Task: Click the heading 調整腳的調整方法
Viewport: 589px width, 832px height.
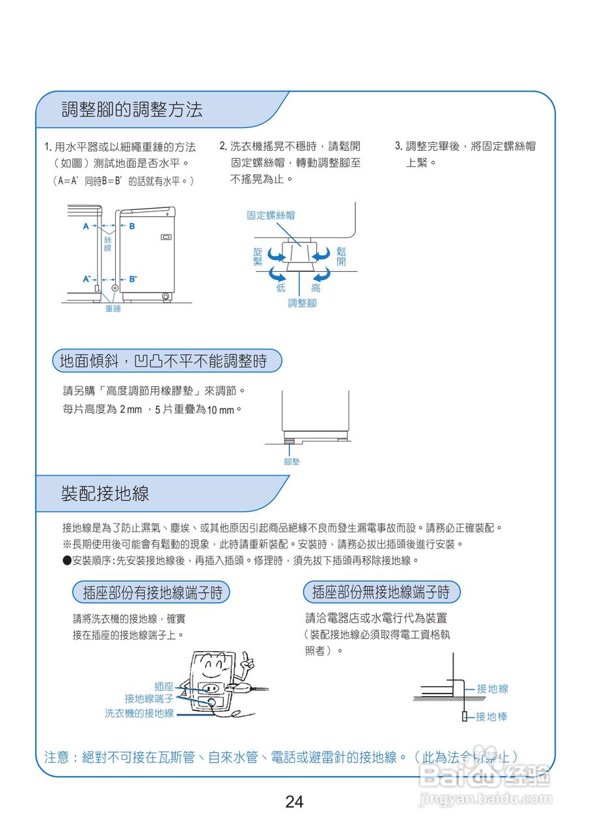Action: point(131,109)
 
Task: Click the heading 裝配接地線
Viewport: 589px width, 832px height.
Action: point(105,493)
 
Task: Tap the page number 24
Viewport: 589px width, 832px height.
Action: point(294,801)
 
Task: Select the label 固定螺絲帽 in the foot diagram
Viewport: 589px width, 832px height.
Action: point(271,215)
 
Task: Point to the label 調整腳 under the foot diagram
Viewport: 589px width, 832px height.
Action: point(302,304)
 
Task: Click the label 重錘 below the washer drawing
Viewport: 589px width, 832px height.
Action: point(113,309)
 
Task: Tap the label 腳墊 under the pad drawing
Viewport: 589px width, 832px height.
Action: point(292,461)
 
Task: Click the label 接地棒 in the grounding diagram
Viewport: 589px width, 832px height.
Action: point(491,716)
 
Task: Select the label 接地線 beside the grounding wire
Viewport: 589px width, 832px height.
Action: point(492,688)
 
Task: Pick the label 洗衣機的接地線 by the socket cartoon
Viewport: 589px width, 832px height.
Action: point(139,714)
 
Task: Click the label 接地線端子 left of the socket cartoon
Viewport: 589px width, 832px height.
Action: point(149,699)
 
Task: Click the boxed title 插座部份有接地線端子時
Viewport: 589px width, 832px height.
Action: point(152,592)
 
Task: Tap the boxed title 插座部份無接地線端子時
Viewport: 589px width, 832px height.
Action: point(381,591)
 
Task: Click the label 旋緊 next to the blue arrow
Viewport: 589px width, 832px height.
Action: point(258,256)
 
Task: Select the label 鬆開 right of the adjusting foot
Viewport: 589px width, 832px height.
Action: point(341,256)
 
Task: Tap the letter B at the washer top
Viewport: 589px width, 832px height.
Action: point(132,226)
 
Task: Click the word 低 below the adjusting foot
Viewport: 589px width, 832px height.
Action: point(281,288)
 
